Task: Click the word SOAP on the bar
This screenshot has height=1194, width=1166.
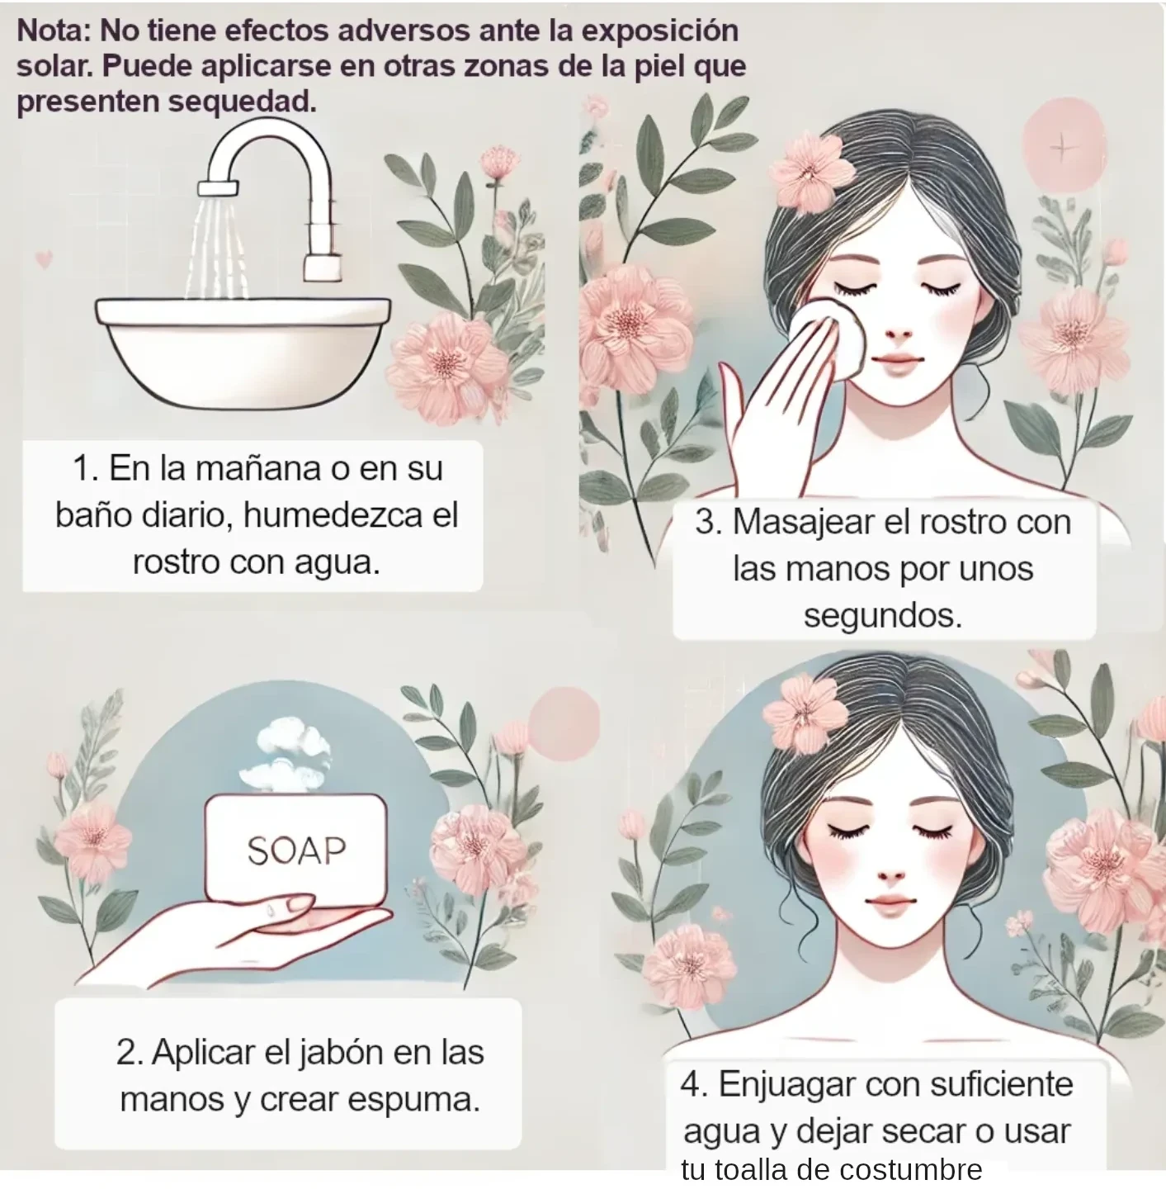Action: (x=296, y=850)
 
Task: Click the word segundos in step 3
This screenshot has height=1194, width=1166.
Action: (x=883, y=615)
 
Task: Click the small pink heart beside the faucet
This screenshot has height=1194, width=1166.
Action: (x=45, y=260)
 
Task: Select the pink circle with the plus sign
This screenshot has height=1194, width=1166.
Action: (x=1063, y=147)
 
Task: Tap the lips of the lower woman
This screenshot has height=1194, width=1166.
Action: (x=892, y=903)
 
